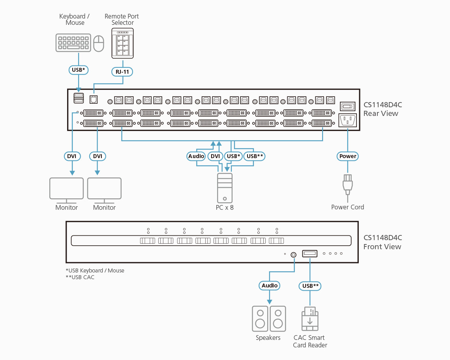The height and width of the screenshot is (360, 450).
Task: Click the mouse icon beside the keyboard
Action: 99,43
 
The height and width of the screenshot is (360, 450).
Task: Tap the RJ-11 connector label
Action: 123,71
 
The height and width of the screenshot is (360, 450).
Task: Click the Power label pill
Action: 348,156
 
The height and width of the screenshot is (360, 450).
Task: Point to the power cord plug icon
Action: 347,184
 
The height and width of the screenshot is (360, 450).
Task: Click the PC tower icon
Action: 225,188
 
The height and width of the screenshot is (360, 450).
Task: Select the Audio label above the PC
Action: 196,156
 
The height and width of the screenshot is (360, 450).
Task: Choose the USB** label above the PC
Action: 255,156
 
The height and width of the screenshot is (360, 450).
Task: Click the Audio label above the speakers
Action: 270,285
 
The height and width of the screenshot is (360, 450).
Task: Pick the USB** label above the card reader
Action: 310,285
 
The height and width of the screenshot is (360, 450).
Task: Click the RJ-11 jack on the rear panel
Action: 94,99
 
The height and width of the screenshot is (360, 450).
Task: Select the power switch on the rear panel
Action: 347,106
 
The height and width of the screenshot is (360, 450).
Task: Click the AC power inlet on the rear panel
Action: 347,120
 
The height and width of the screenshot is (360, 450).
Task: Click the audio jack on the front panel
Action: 293,254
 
